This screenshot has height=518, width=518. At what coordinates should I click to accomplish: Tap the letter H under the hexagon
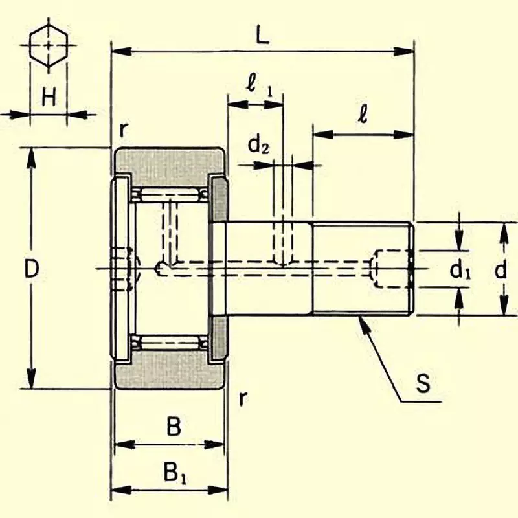(x=49, y=98)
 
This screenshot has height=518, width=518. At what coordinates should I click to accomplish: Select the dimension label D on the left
(x=32, y=268)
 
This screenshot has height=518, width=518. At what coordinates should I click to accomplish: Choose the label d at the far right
(x=501, y=271)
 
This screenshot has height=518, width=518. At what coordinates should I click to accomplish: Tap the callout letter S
(x=422, y=384)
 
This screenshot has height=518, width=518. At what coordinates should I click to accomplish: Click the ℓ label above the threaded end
(x=363, y=115)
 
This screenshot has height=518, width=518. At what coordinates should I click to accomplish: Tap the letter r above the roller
(x=123, y=129)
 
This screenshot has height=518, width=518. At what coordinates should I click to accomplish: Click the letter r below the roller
(x=242, y=398)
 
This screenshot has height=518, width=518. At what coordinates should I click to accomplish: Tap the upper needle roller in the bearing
(x=170, y=194)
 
